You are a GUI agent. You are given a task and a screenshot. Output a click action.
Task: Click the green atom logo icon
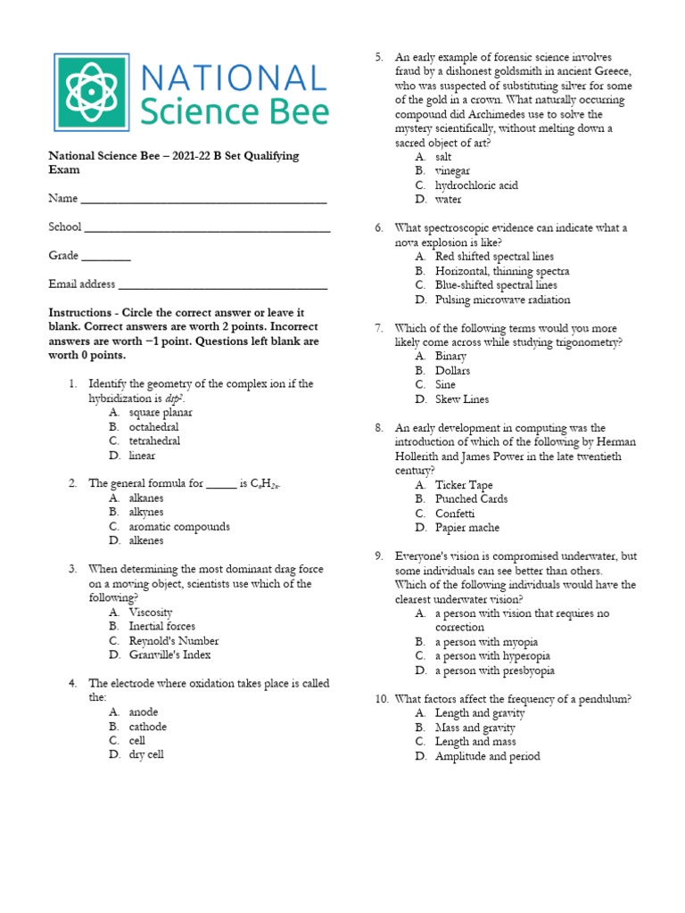(x=92, y=92)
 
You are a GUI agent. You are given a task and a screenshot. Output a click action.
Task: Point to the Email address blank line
(x=223, y=286)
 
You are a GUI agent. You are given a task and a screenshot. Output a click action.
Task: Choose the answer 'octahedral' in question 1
(x=153, y=427)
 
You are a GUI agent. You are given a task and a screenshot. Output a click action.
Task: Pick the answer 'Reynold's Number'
(x=173, y=640)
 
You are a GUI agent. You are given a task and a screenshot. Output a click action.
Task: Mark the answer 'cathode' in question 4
(x=147, y=726)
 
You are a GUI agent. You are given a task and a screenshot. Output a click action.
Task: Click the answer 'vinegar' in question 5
(x=452, y=170)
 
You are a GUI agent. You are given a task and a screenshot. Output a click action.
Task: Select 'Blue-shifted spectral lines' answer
(x=496, y=285)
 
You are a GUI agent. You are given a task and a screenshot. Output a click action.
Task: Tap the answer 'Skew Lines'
(x=462, y=399)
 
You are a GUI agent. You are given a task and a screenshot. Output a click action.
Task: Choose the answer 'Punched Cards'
(x=471, y=499)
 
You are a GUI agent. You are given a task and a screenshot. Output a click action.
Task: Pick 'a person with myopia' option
(x=486, y=642)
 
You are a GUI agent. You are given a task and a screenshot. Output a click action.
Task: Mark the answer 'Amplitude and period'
(x=487, y=756)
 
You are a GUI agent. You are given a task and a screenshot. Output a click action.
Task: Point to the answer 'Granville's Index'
(x=169, y=654)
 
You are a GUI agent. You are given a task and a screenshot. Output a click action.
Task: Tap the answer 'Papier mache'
(x=467, y=528)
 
